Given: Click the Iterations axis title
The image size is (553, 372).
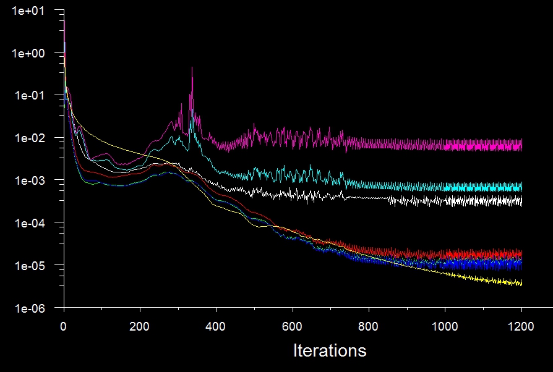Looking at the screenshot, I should pos(330,351).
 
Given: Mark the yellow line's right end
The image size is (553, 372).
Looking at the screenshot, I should pos(521,284).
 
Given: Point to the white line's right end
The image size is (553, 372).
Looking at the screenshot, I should pos(521,201).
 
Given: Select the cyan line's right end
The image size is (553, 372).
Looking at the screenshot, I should pos(521,187).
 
